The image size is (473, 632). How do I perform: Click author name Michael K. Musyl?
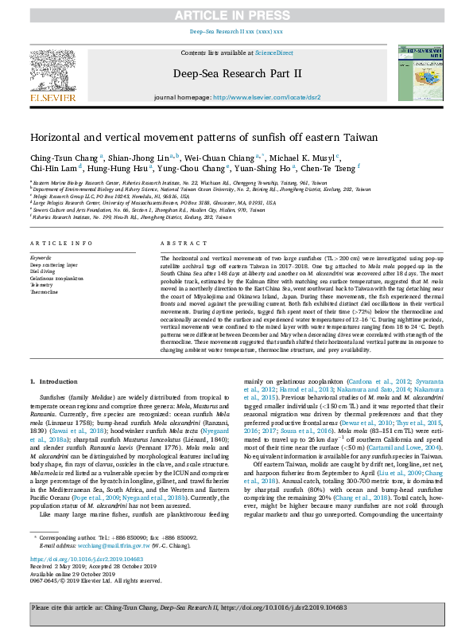pos(309,157)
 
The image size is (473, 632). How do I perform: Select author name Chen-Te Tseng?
pos(328,169)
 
